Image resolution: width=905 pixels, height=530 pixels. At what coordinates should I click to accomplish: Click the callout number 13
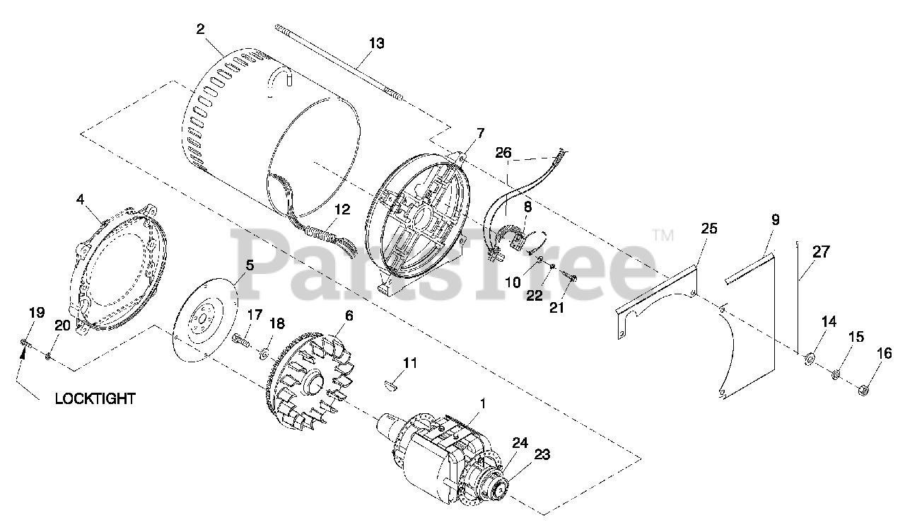(376, 43)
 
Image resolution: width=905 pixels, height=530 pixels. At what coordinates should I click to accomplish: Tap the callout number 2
(201, 29)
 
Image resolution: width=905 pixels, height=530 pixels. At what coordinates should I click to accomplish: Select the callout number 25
(708, 229)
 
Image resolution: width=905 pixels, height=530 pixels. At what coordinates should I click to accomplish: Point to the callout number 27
(822, 251)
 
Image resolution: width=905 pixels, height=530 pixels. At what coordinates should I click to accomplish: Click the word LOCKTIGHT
(95, 399)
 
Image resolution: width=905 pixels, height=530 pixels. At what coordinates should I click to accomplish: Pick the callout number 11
(410, 363)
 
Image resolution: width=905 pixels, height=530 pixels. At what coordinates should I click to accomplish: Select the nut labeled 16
(863, 390)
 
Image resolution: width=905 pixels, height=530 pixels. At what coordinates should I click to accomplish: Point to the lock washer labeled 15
(836, 373)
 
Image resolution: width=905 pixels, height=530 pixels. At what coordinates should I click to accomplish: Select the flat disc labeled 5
(203, 318)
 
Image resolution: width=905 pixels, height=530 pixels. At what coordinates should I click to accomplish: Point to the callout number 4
(81, 200)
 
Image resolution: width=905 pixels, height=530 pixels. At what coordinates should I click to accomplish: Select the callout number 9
(775, 219)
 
